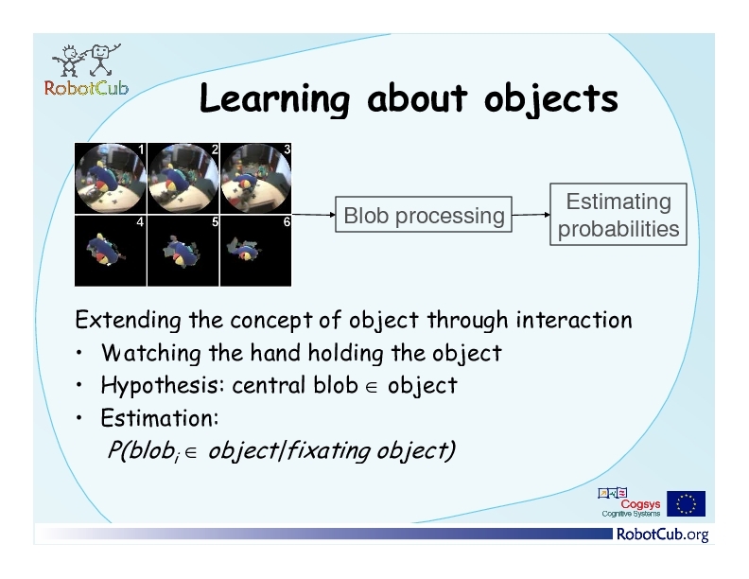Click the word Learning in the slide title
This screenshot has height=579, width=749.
[x=274, y=99]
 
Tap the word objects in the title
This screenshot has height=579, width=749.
[x=550, y=99]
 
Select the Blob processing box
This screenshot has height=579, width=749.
[x=424, y=215]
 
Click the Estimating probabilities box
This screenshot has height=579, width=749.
[x=618, y=215]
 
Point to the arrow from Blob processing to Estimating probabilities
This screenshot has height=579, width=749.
[x=531, y=215]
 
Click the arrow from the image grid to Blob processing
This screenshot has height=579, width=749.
[x=313, y=215]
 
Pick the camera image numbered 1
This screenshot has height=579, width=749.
[x=111, y=178]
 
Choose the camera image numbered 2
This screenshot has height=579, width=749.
[x=183, y=178]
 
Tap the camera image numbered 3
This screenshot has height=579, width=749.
[x=255, y=178]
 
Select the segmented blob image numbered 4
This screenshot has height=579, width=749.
[x=111, y=251]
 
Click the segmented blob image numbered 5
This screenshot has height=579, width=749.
[x=183, y=251]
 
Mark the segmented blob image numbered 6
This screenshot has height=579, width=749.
[x=255, y=251]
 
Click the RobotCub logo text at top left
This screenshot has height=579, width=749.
[x=86, y=88]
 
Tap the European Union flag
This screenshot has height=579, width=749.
[x=686, y=503]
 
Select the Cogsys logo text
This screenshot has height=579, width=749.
[x=640, y=504]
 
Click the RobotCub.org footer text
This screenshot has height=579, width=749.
[x=663, y=534]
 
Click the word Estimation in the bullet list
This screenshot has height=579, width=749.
[x=160, y=418]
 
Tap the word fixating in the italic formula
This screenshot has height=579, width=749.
[x=328, y=450]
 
